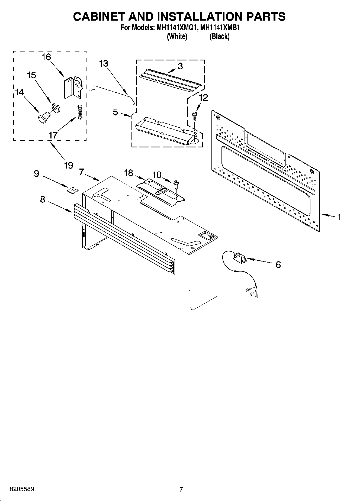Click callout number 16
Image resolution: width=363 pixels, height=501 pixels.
[46, 57]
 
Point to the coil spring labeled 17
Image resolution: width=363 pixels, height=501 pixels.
[80, 111]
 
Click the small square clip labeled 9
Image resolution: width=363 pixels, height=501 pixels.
[72, 190]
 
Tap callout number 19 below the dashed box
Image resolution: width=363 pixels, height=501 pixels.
[69, 165]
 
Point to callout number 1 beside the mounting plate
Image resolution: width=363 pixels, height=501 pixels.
[339, 217]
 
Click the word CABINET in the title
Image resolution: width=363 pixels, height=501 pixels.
[99, 17]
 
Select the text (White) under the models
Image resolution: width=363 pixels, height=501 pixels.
[177, 36]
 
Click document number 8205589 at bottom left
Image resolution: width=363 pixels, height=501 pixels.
[22, 489]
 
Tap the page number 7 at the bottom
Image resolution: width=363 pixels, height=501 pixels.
[181, 489]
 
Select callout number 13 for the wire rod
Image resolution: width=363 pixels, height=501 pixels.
[104, 63]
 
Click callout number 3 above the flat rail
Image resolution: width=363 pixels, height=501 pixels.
[180, 66]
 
